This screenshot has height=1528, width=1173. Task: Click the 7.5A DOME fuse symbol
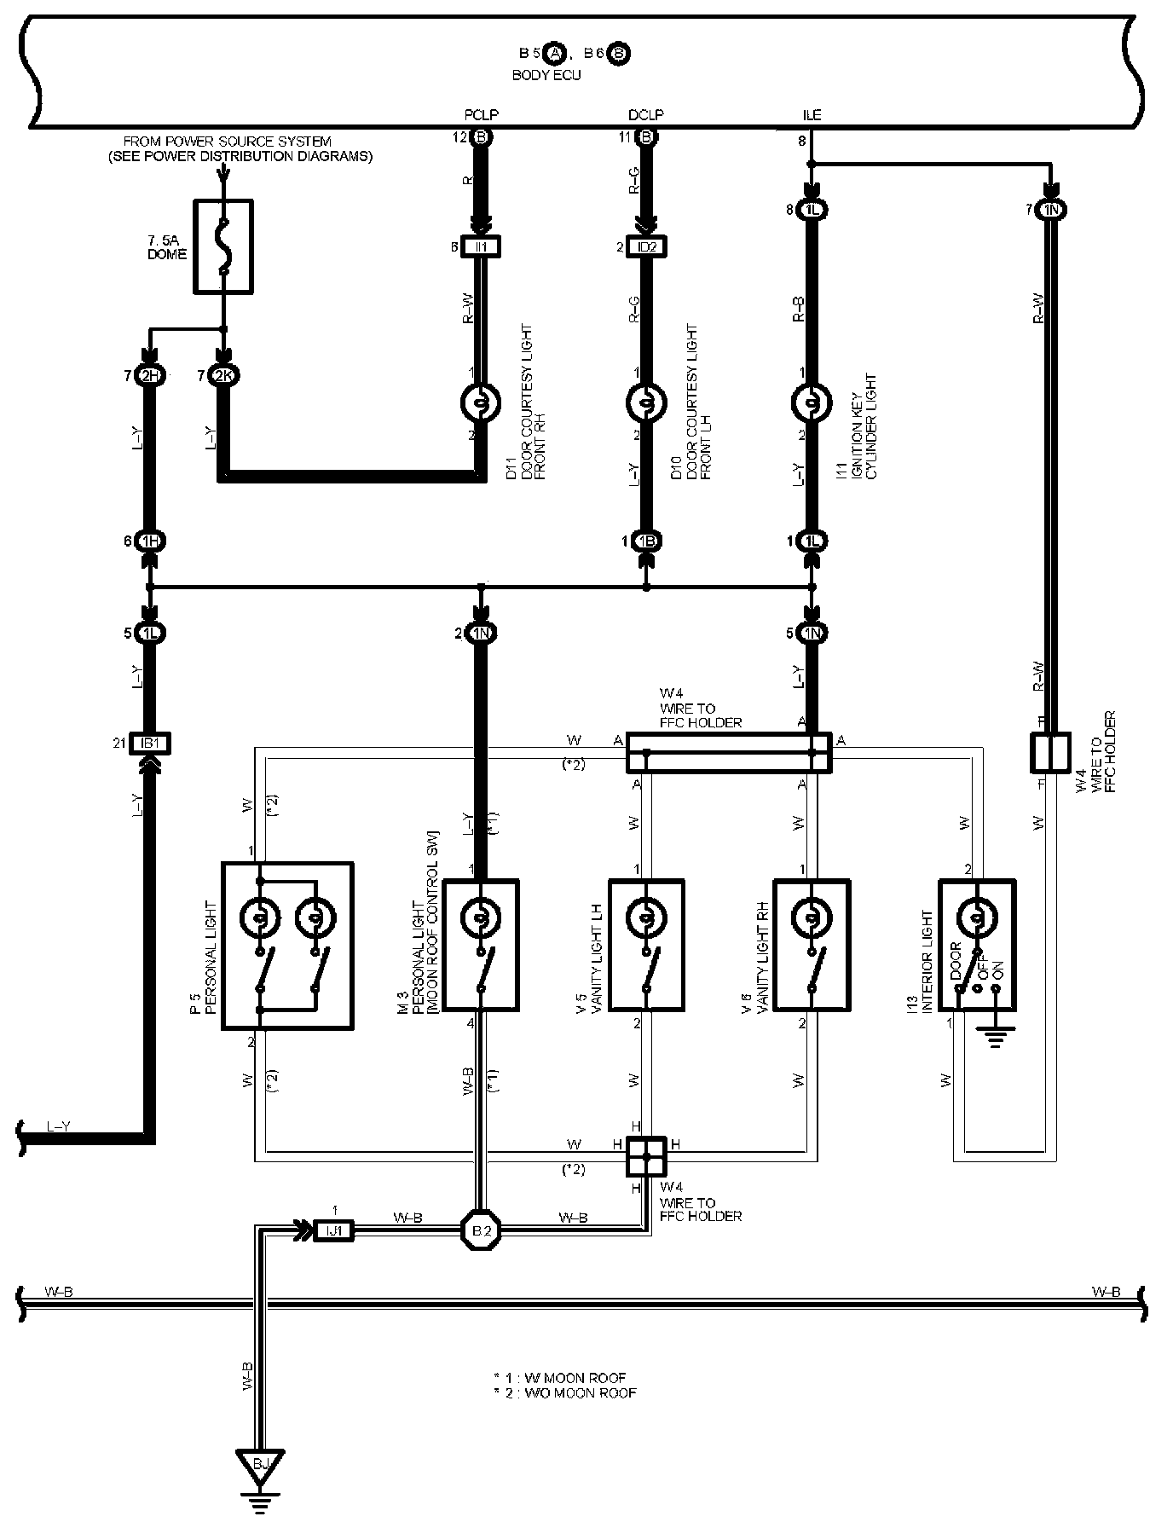(x=223, y=247)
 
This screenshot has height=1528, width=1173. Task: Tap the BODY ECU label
(x=546, y=75)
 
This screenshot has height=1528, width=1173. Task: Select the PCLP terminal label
(x=481, y=115)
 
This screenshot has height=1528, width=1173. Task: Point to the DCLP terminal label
(x=645, y=115)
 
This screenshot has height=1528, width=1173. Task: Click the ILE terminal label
(x=812, y=115)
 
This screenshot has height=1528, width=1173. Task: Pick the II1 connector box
(x=481, y=247)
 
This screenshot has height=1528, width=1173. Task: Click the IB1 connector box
(x=150, y=744)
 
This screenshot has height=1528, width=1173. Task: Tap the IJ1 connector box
(x=333, y=1230)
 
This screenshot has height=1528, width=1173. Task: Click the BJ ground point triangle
(x=261, y=1463)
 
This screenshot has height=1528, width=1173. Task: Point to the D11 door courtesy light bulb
(x=481, y=402)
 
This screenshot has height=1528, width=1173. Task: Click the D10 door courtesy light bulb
(x=646, y=402)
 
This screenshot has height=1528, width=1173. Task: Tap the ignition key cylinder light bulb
(x=812, y=402)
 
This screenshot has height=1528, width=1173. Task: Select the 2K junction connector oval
(x=224, y=375)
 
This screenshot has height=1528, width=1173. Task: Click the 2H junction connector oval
(x=150, y=375)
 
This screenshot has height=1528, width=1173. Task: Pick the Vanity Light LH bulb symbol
(x=645, y=917)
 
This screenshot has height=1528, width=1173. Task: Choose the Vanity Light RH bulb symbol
(x=811, y=917)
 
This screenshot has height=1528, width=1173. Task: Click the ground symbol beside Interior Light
(x=994, y=1038)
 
